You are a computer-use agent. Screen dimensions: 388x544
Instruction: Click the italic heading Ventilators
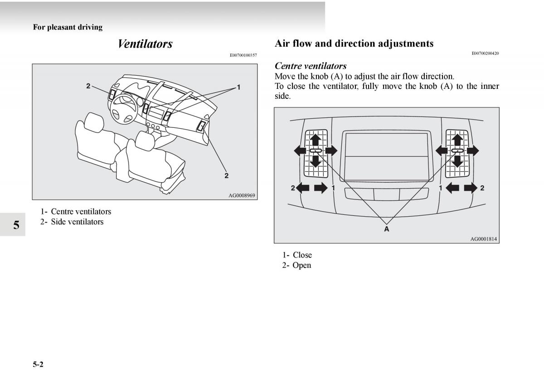point(145,44)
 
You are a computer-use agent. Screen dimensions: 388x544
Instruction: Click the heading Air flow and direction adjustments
point(354,44)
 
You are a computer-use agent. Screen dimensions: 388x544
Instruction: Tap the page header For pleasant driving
point(68,27)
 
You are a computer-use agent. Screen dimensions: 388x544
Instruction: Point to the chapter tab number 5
point(16,225)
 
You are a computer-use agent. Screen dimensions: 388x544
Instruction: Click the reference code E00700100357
point(243,55)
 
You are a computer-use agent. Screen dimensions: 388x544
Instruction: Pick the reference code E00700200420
point(485,53)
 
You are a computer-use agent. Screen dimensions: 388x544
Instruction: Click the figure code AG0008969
point(242,195)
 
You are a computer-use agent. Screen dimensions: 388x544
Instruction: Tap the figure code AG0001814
point(483,239)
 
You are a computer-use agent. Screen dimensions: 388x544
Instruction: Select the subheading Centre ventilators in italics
point(311,66)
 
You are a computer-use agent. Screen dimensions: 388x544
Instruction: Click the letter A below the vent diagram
point(387,229)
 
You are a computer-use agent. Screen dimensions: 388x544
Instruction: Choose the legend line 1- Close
point(297,255)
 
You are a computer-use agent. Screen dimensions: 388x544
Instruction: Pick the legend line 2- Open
point(296,265)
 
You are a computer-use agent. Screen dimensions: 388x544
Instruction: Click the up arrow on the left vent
point(316,139)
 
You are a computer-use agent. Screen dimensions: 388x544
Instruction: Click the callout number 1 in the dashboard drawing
point(238,87)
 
